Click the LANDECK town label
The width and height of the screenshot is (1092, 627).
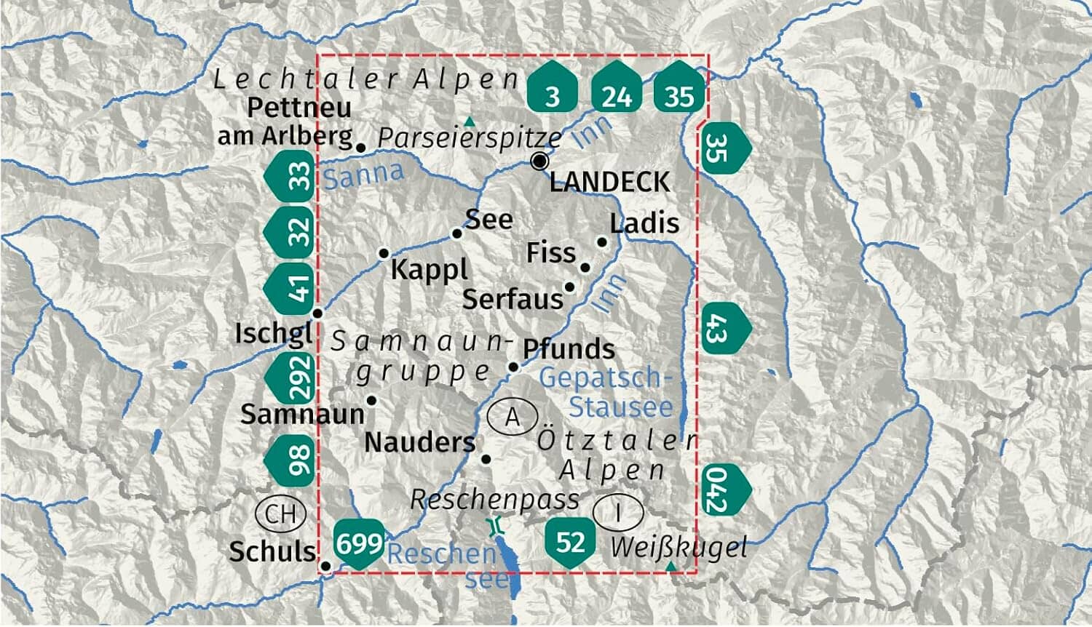(609, 182)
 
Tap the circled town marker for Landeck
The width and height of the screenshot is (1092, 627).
(539, 161)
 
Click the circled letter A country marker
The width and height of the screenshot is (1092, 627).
(512, 418)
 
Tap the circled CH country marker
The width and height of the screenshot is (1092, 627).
(280, 514)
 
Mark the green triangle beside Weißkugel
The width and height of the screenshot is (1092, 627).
(670, 566)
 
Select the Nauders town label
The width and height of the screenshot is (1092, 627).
(419, 442)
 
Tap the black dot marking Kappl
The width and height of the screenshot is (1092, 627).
(384, 253)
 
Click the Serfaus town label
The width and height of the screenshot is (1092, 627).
(513, 299)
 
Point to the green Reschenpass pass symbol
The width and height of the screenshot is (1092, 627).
(496, 525)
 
